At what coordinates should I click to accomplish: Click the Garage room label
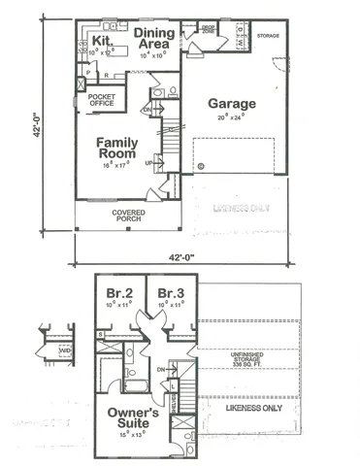point(231,103)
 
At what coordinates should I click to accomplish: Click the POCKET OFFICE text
point(102,101)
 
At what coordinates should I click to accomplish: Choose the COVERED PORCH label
point(128,216)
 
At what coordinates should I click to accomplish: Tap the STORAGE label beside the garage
point(268,35)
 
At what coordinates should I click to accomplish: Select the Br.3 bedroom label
point(171,293)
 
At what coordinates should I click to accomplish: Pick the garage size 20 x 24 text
point(231,116)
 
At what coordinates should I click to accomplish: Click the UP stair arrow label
point(148,162)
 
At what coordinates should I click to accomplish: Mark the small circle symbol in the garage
point(201,166)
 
